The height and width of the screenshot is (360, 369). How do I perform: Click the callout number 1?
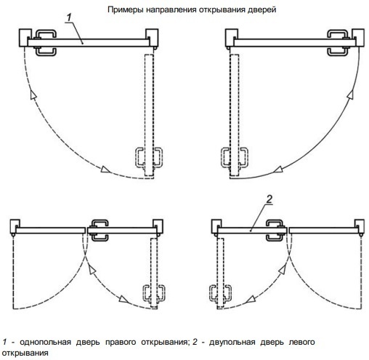tap(70, 17)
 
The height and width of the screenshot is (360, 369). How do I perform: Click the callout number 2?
tap(269, 199)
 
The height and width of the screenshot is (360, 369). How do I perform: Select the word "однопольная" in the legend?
tap(45, 342)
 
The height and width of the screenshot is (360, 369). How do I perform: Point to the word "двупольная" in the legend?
tap(232, 342)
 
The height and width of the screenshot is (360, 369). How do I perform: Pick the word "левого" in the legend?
tap(302, 342)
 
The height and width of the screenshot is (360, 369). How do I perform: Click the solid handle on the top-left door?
tap(46, 43)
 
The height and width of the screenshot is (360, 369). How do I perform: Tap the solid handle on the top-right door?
tap(338, 43)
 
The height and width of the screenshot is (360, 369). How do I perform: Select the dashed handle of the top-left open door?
tap(149, 158)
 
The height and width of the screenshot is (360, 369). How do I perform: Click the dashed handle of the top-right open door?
tap(235, 158)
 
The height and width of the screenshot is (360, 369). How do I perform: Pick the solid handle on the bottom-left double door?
tap(100, 231)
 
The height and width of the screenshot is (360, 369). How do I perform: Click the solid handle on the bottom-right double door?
tap(275, 231)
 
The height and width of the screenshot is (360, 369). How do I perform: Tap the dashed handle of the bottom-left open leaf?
tap(154, 293)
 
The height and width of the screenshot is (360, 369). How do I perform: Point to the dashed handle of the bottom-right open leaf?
tap(220, 293)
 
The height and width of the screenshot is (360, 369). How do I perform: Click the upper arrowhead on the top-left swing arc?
tap(33, 94)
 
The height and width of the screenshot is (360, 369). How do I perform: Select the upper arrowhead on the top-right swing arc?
tap(350, 94)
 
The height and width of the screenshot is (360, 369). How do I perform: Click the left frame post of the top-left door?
tap(25, 38)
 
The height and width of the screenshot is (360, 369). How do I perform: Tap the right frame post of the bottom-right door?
tap(360, 226)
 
